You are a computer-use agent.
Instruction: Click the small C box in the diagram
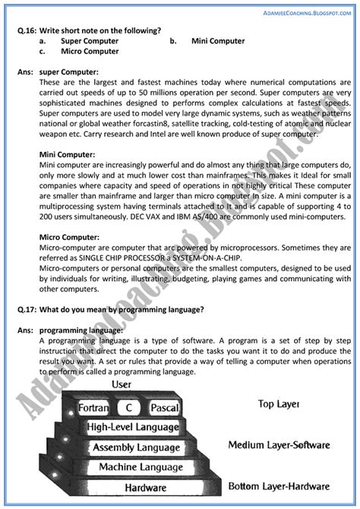(130, 408)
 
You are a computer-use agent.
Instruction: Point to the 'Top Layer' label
(279, 405)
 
